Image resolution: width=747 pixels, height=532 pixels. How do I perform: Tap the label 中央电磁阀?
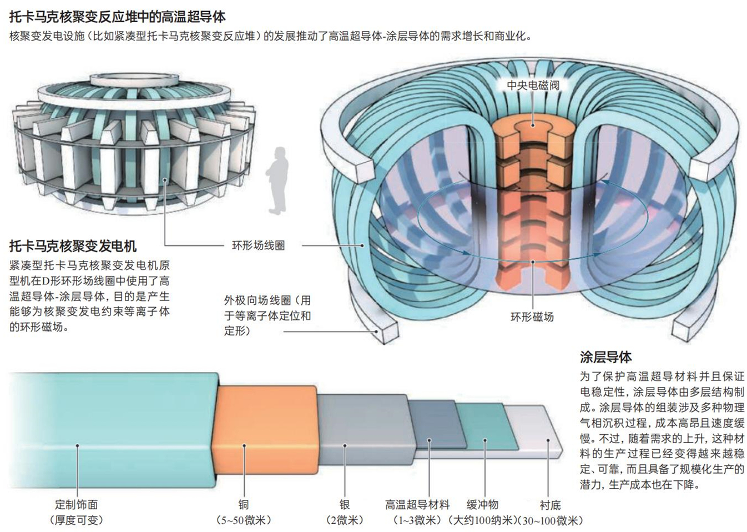(533, 86)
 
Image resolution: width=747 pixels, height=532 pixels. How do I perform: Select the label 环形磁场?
(532, 317)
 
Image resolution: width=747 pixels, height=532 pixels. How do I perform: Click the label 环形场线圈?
(258, 245)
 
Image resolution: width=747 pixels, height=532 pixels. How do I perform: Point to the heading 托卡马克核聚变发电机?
(73, 246)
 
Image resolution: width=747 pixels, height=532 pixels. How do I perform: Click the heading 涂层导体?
(605, 357)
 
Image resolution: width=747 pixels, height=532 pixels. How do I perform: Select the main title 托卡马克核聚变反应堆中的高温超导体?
(117, 17)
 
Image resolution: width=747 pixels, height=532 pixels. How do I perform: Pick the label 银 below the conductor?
(345, 505)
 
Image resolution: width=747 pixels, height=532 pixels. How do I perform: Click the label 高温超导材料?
(417, 505)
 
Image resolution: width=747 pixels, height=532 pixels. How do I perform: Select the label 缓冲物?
(483, 505)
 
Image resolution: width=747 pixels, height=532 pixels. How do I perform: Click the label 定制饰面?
(76, 505)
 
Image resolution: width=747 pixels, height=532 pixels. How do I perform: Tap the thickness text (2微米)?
(345, 520)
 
